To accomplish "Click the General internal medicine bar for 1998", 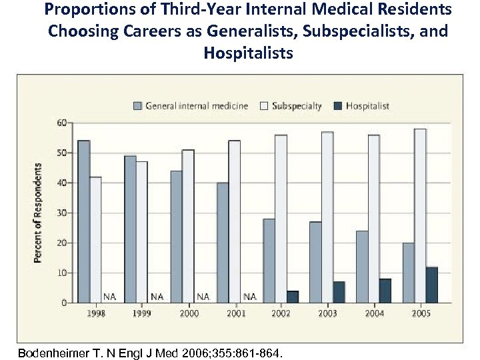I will (84, 221).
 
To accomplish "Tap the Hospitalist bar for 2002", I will (292, 297).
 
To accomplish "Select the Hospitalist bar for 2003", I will (339, 292).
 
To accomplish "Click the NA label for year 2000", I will (203, 296).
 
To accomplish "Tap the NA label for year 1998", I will (109, 296).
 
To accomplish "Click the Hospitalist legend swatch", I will (338, 105).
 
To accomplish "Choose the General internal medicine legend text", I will (197, 105).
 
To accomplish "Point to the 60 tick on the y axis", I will (61, 123).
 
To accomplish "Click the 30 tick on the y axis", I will (61, 213).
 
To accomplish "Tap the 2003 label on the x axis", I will (327, 313).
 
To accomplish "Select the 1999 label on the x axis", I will (141, 313).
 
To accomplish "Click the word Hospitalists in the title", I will (248, 52).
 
